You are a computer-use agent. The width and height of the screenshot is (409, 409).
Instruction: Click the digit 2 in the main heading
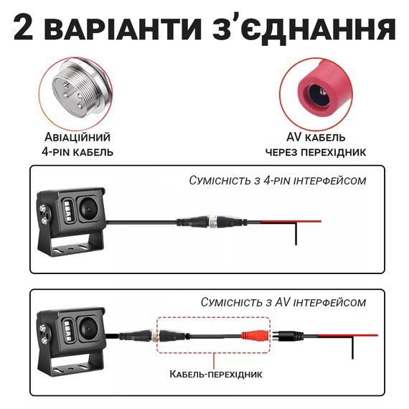[x=24, y=28]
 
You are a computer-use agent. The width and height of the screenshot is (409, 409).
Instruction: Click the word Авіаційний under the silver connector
[x=77, y=137]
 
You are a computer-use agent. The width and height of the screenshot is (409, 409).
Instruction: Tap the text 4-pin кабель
[x=77, y=152]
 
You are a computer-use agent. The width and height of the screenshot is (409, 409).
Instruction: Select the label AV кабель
[x=316, y=137]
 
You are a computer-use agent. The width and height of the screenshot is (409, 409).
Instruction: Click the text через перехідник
[x=316, y=152]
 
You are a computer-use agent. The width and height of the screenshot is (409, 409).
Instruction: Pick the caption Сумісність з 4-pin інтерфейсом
[x=278, y=181]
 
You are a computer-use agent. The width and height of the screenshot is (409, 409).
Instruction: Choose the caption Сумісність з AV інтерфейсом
[x=283, y=302]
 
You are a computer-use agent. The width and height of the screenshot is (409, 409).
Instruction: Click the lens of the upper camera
[x=88, y=209]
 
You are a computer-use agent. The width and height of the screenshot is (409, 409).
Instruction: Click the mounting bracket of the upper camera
[x=69, y=245]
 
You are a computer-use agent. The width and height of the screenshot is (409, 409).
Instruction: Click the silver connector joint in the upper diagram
[x=213, y=222]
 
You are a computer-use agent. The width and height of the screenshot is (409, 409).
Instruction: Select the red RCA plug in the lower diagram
[x=255, y=336]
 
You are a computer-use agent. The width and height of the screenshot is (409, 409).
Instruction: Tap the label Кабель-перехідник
[x=216, y=374]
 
